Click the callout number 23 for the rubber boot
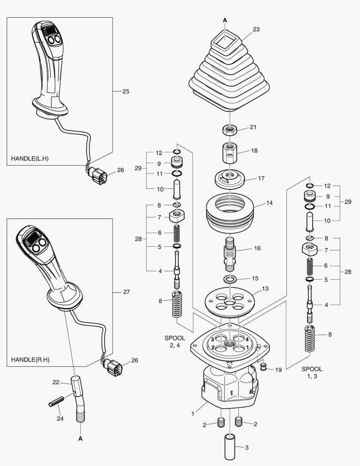pyautogui.click(x=256, y=30)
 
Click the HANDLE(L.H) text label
pyautogui.click(x=30, y=158)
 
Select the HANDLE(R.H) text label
pyautogui.click(x=30, y=359)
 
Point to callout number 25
pyautogui.click(x=125, y=91)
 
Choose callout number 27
pyautogui.click(x=126, y=292)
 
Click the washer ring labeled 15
pyautogui.click(x=230, y=279)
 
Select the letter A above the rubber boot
pyautogui.click(x=225, y=20)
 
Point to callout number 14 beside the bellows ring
pyautogui.click(x=269, y=202)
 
